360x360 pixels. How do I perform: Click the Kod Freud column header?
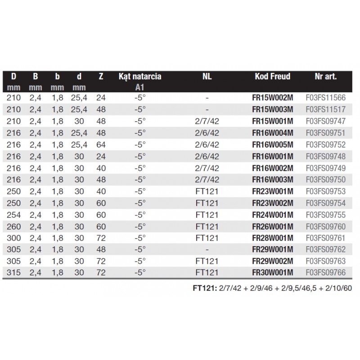pyautogui.click(x=273, y=76)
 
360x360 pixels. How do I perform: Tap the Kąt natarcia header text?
pyautogui.click(x=140, y=76)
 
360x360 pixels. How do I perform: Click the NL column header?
pyautogui.click(x=207, y=76)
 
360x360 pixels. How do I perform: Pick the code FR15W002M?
pyautogui.click(x=273, y=97)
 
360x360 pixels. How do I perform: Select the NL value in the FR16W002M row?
pyautogui.click(x=207, y=167)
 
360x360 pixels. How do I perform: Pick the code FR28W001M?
pyautogui.click(x=273, y=237)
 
